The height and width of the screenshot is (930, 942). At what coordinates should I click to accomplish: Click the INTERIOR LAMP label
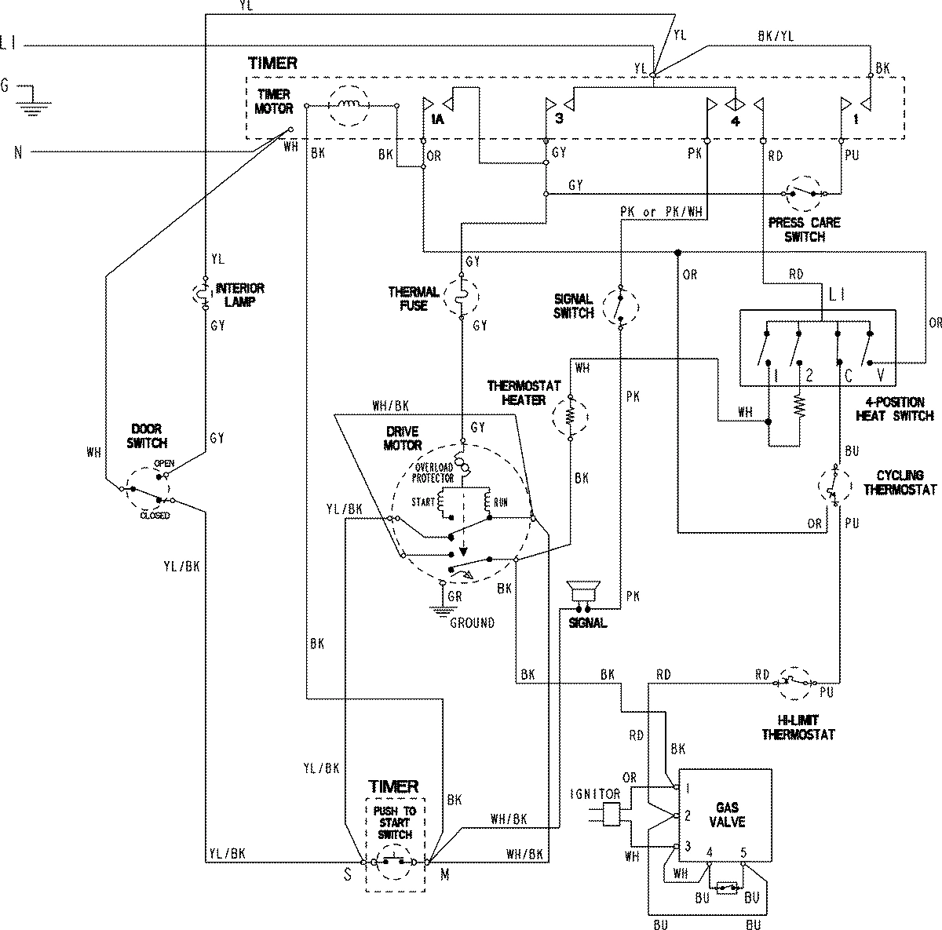click(x=240, y=294)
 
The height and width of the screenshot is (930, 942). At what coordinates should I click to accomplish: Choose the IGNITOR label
click(x=602, y=794)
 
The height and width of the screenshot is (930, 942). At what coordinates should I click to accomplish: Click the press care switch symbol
click(x=804, y=193)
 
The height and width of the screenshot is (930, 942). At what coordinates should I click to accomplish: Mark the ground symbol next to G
click(x=30, y=98)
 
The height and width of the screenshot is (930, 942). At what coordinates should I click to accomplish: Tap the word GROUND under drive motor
click(x=472, y=622)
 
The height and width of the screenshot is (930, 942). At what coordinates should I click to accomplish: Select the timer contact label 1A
click(x=436, y=119)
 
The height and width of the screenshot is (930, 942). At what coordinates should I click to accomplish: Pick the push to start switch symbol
click(x=394, y=862)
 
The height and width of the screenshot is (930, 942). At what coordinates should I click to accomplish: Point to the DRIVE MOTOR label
click(x=402, y=439)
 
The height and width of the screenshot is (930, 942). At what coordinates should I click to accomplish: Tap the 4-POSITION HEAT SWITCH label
click(x=895, y=409)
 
